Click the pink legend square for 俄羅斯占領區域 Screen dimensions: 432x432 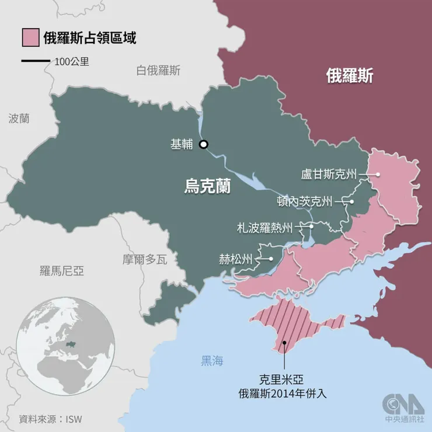pyautogui.click(x=30, y=37)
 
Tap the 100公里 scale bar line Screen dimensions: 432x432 pyautogui.click(x=35, y=61)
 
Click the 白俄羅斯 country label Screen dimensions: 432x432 pyautogui.click(x=158, y=71)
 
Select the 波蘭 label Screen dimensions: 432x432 pyautogui.click(x=19, y=119)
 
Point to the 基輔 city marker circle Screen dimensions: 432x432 pyautogui.click(x=203, y=145)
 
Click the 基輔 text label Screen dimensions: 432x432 pyautogui.click(x=181, y=145)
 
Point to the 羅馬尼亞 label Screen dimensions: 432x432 pyautogui.click(x=62, y=270)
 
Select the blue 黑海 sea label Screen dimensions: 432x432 pyautogui.click(x=212, y=361)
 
